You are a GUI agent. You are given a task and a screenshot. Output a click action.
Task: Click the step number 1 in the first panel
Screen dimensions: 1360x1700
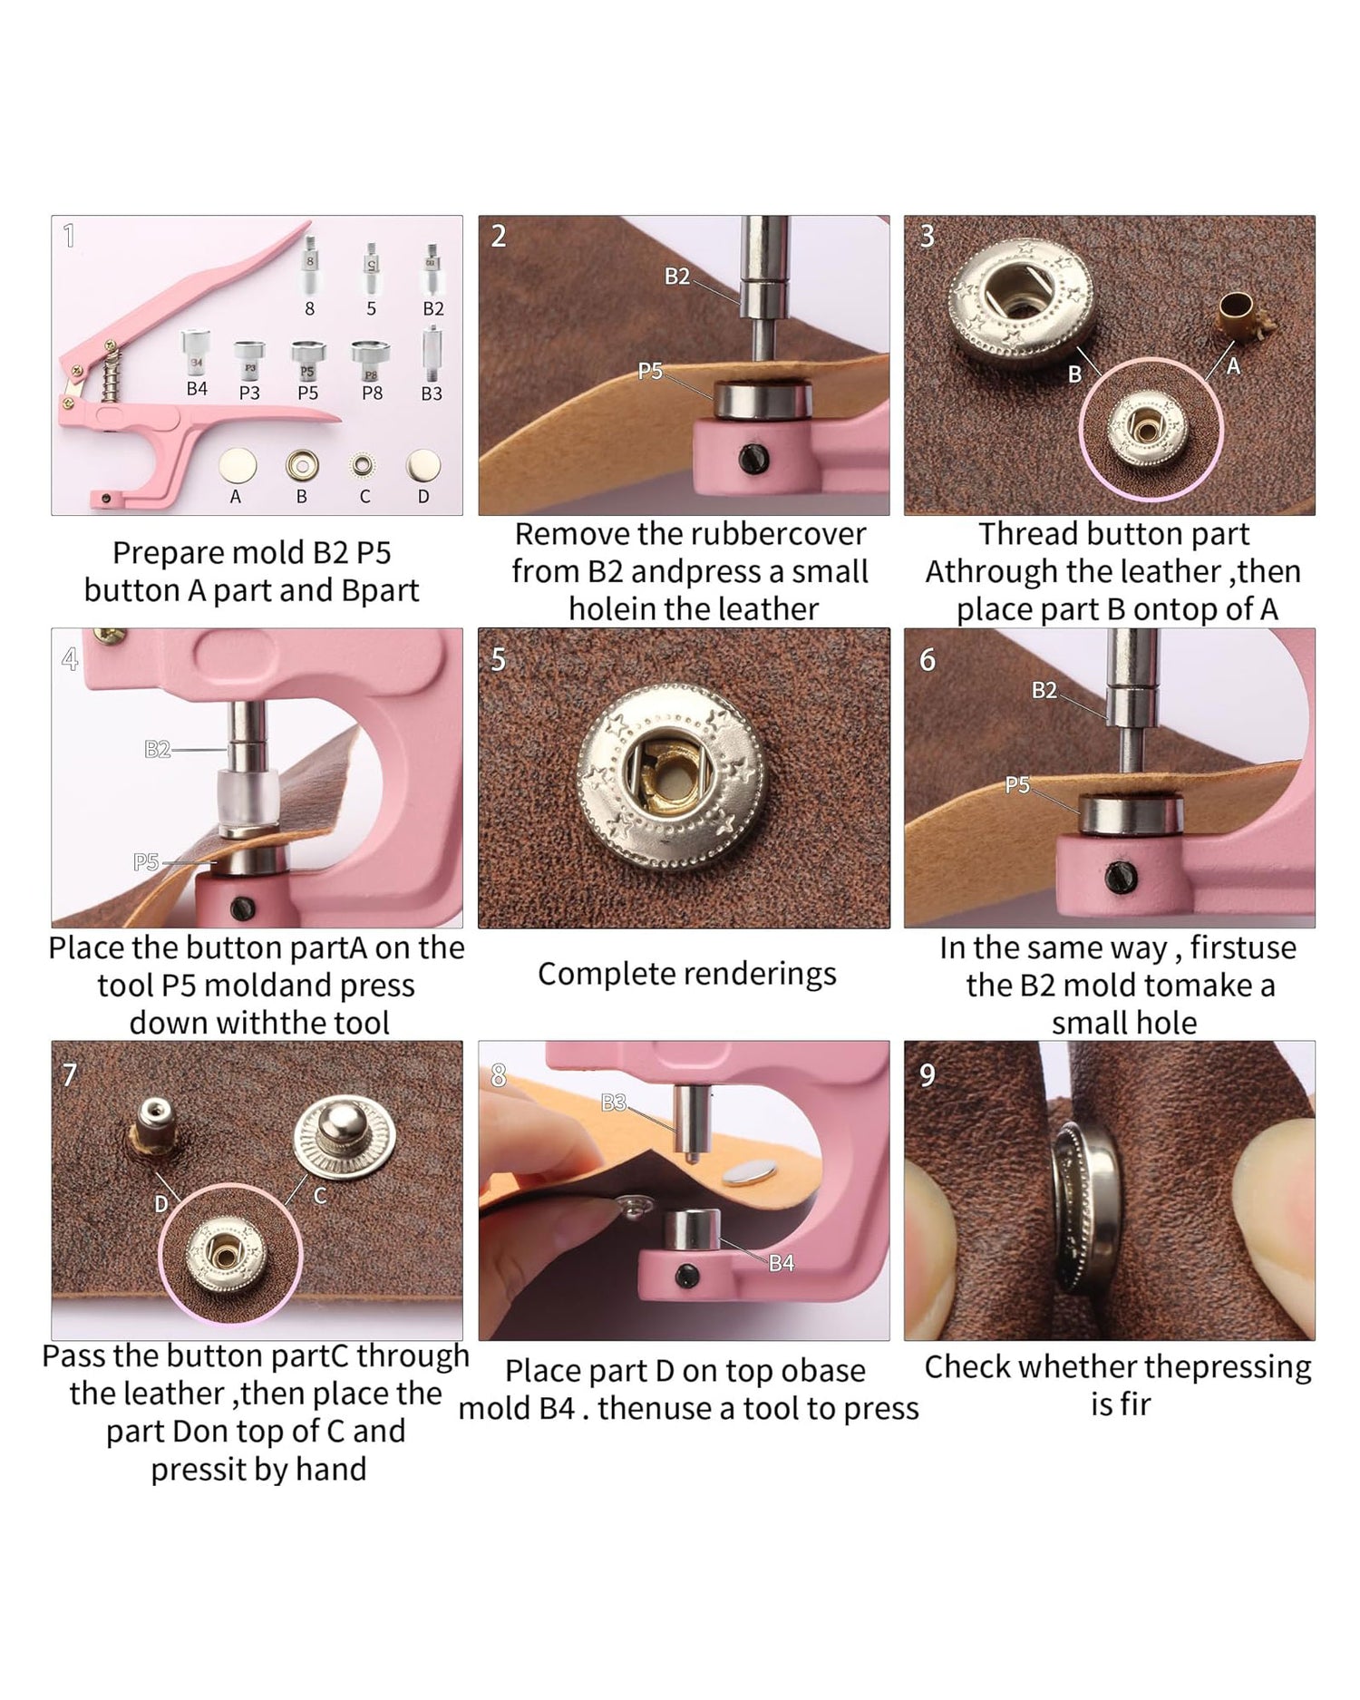point(69,237)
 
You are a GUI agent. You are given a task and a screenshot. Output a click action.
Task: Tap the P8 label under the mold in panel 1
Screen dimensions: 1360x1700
point(372,393)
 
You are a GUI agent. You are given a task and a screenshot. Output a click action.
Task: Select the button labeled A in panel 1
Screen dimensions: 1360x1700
point(238,465)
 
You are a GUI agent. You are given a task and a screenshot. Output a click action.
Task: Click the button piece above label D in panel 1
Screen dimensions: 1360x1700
point(423,465)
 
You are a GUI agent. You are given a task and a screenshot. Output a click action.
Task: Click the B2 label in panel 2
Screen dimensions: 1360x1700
point(677,277)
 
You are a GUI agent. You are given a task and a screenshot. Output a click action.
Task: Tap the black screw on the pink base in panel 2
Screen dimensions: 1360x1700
point(753,458)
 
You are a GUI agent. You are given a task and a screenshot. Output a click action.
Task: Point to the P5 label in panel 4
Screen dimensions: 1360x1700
point(146,861)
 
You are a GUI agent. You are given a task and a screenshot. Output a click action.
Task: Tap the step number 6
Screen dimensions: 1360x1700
point(928,660)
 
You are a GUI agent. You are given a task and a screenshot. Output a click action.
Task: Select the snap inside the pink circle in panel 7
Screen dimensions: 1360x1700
point(225,1255)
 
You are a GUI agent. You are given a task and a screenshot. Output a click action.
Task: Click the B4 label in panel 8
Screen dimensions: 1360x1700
point(782,1263)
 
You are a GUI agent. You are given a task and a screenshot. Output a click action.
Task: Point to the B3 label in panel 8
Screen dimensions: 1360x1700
point(614,1103)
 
